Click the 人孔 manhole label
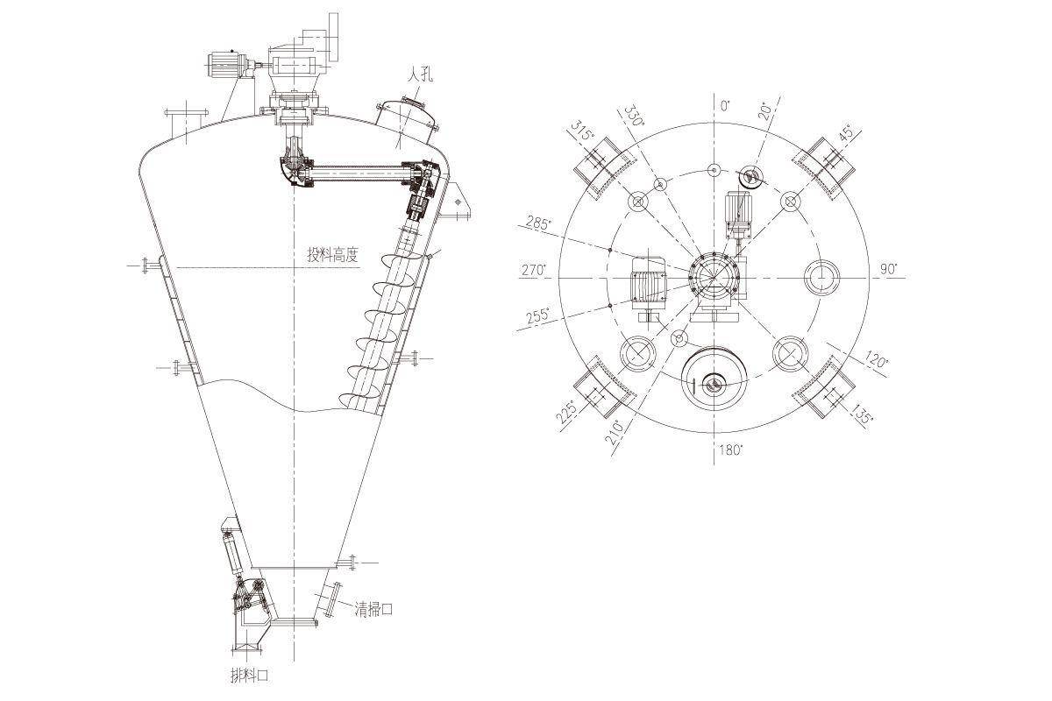pos(420,75)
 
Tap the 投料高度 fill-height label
pos(332,255)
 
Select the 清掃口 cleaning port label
pos(373,610)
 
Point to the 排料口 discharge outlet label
pos(249,676)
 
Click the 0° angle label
pos(725,106)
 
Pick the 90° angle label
pos(888,269)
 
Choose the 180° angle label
pos(731,450)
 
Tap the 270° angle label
pos(535,271)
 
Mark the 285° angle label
pos(537,223)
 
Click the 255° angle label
pos(537,315)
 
